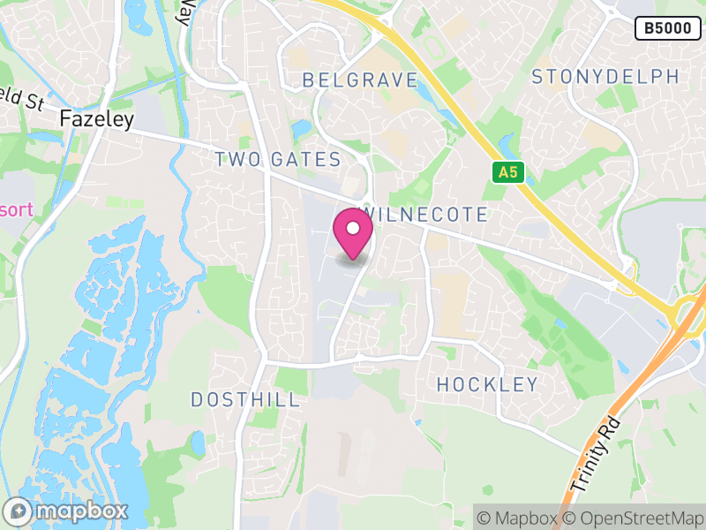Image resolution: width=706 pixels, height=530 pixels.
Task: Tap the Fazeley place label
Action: (96, 118)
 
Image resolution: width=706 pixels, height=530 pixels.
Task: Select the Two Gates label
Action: (278, 160)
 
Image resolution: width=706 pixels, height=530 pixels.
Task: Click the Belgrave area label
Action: (359, 80)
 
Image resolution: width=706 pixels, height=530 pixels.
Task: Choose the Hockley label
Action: (487, 384)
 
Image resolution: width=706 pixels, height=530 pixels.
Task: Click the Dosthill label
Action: (245, 399)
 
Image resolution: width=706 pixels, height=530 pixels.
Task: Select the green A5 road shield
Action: (507, 172)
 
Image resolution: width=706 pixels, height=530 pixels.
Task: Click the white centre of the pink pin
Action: (353, 229)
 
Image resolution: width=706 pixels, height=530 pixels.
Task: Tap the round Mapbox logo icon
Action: (19, 511)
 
